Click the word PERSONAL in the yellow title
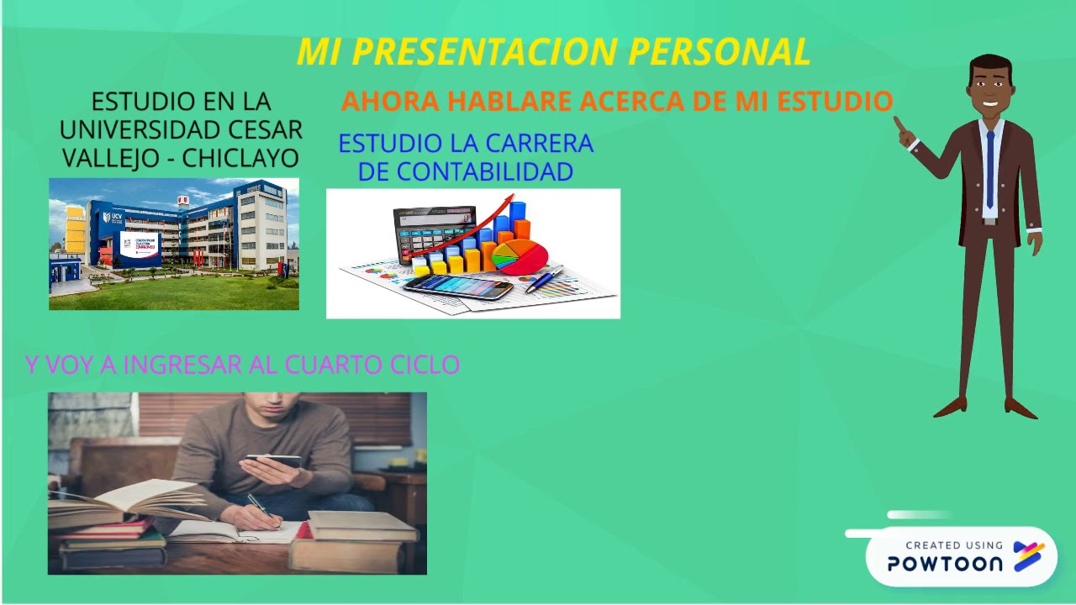719,52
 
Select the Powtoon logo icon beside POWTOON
1029,556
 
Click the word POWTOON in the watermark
945,564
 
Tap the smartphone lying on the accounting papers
458,287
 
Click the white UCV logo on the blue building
107,218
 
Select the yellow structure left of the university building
75,229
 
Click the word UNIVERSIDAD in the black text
129,130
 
